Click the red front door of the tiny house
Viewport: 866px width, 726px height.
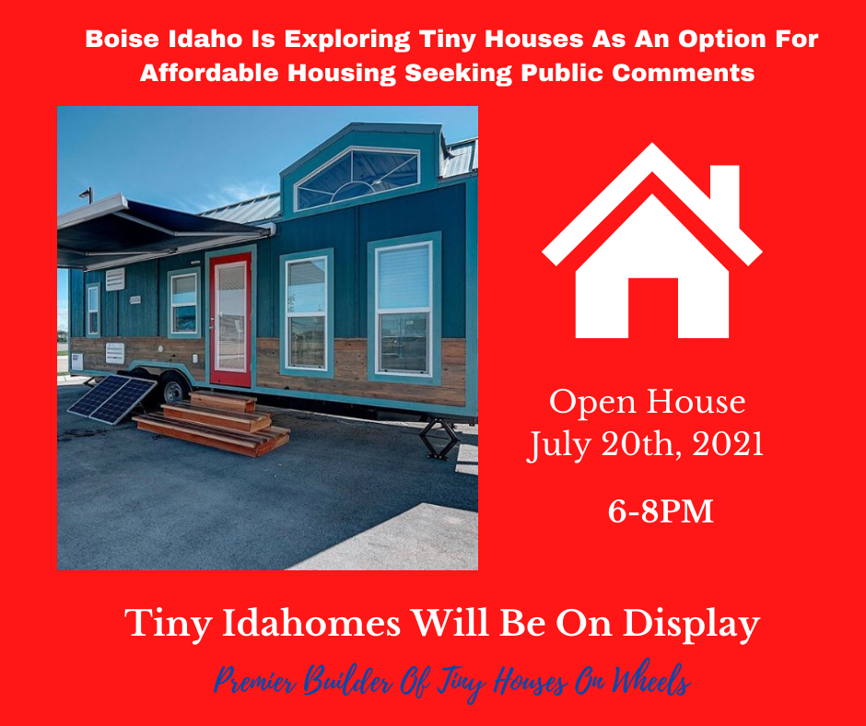[x=230, y=320]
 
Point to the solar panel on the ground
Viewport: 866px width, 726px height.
[x=112, y=399]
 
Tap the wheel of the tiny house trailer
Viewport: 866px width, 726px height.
[x=174, y=391]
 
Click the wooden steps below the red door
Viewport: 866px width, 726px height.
[x=213, y=423]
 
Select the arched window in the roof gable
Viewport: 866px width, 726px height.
[x=357, y=178]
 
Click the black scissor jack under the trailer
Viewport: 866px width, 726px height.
[x=439, y=439]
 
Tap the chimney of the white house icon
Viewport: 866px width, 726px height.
[x=725, y=193]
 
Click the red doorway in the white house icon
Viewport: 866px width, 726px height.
[x=653, y=308]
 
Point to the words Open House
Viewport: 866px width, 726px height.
[x=647, y=402]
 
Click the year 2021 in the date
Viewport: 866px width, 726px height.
[x=728, y=443]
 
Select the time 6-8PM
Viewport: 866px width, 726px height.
[x=661, y=511]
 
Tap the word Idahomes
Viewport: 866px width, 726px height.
[x=311, y=623]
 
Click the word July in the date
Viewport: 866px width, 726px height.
[x=559, y=445]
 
